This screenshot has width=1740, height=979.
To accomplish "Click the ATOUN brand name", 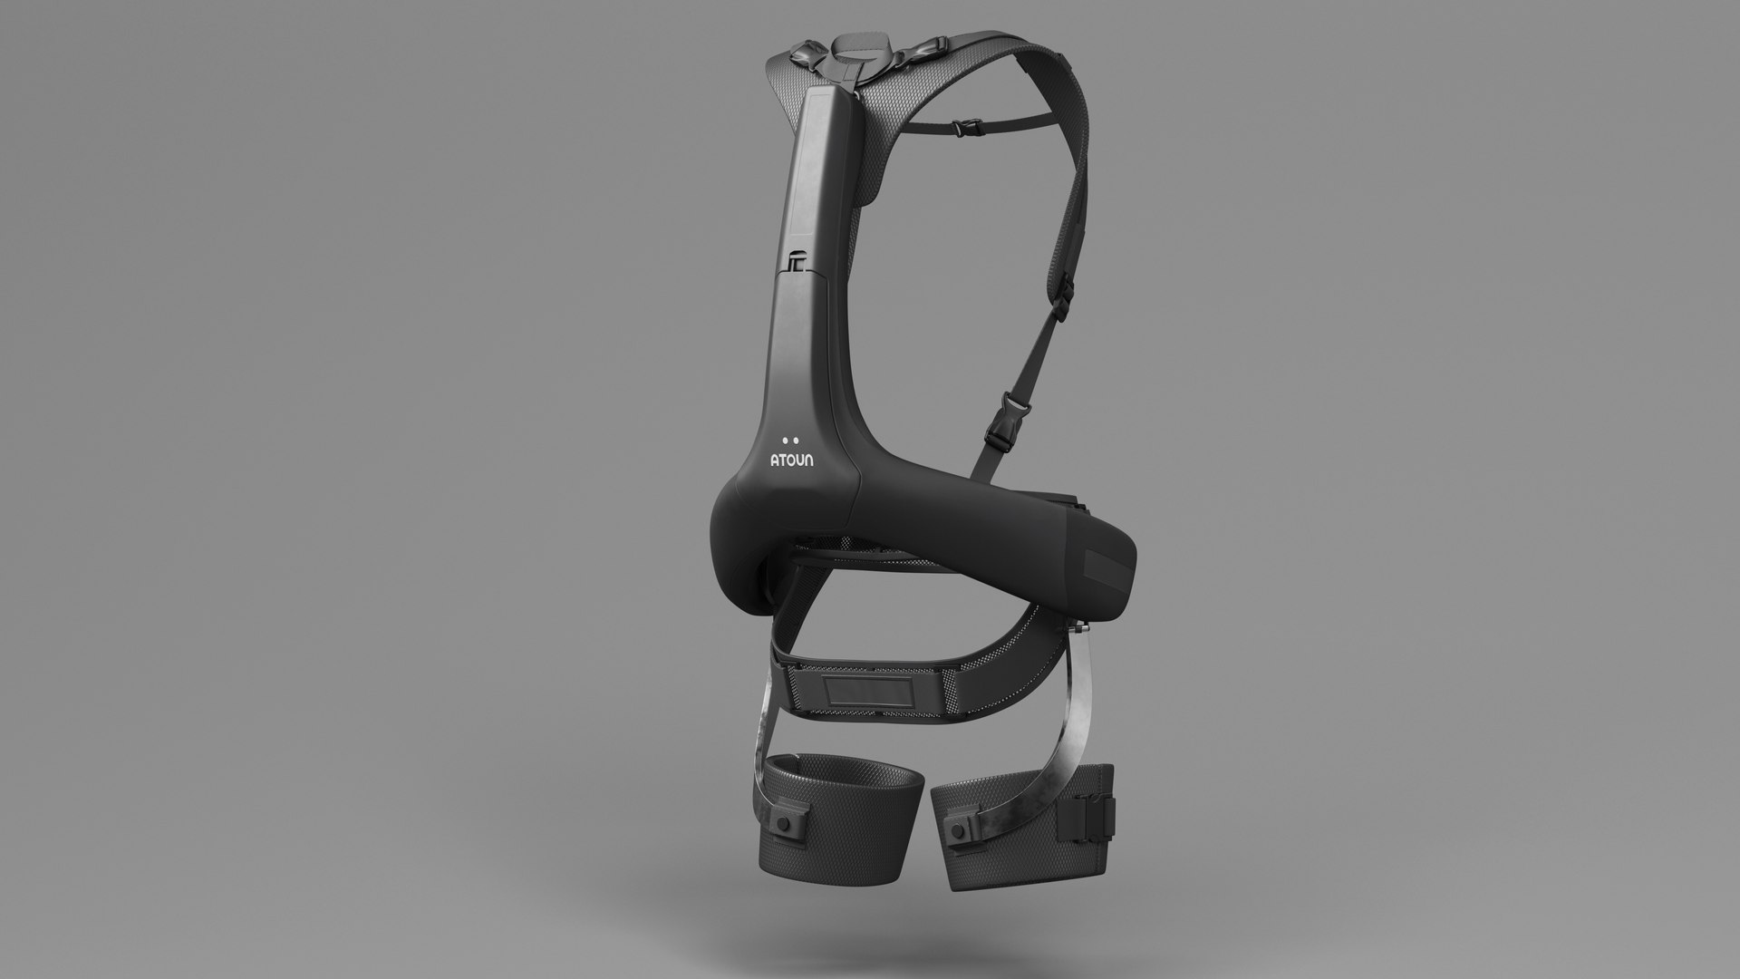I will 791,460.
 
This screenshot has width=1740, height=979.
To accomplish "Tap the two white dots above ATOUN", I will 791,441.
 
